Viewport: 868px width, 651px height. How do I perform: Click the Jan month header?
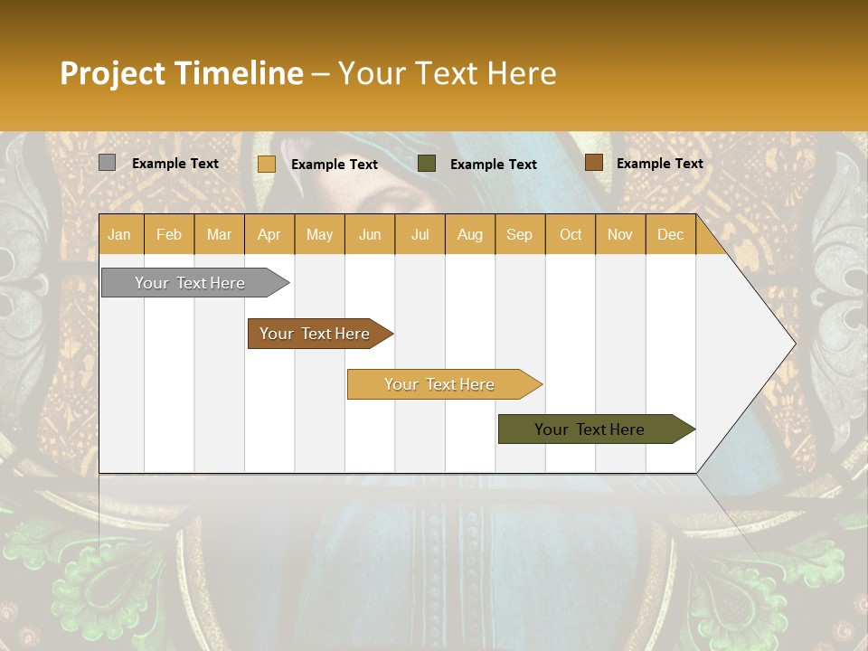[x=119, y=234]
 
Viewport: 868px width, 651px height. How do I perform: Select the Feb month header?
[x=169, y=234]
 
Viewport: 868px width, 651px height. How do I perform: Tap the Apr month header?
[x=269, y=234]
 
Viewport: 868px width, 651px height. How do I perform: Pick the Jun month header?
[x=370, y=234]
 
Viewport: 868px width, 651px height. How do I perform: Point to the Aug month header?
[x=469, y=234]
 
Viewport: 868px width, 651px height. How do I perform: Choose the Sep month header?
[x=519, y=234]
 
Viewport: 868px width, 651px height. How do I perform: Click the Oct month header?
[x=571, y=234]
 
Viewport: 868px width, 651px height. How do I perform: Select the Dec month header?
[x=670, y=234]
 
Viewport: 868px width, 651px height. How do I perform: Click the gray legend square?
[x=108, y=163]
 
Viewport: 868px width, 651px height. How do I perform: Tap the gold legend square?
[x=267, y=164]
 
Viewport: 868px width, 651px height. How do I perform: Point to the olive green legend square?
[x=427, y=164]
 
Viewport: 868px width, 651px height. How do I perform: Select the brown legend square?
[x=593, y=163]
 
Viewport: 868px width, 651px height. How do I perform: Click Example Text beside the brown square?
[x=659, y=164]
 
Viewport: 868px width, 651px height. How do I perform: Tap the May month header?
[x=319, y=234]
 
